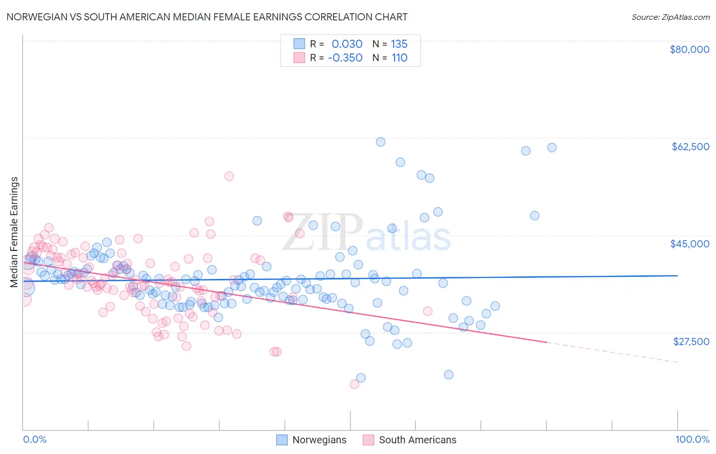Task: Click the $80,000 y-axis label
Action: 690,49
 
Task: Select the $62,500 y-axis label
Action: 690,147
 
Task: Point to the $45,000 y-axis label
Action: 690,244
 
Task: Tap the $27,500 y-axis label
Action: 691,342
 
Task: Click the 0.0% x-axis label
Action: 35,439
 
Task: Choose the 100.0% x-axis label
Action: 692,439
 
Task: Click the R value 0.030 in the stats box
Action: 347,44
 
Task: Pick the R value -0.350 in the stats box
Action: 345,58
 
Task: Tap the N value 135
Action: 399,44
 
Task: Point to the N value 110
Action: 399,58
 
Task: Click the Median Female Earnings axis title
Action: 14,232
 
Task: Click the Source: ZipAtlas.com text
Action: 670,17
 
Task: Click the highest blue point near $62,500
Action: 380,142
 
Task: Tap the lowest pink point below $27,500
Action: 354,384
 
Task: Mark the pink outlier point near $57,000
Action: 229,176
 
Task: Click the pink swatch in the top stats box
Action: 299,58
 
